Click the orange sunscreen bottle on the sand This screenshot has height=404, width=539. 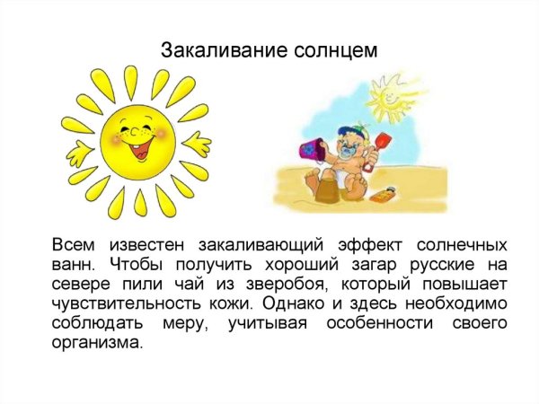(x=385, y=192)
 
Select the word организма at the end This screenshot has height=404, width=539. (x=98, y=343)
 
